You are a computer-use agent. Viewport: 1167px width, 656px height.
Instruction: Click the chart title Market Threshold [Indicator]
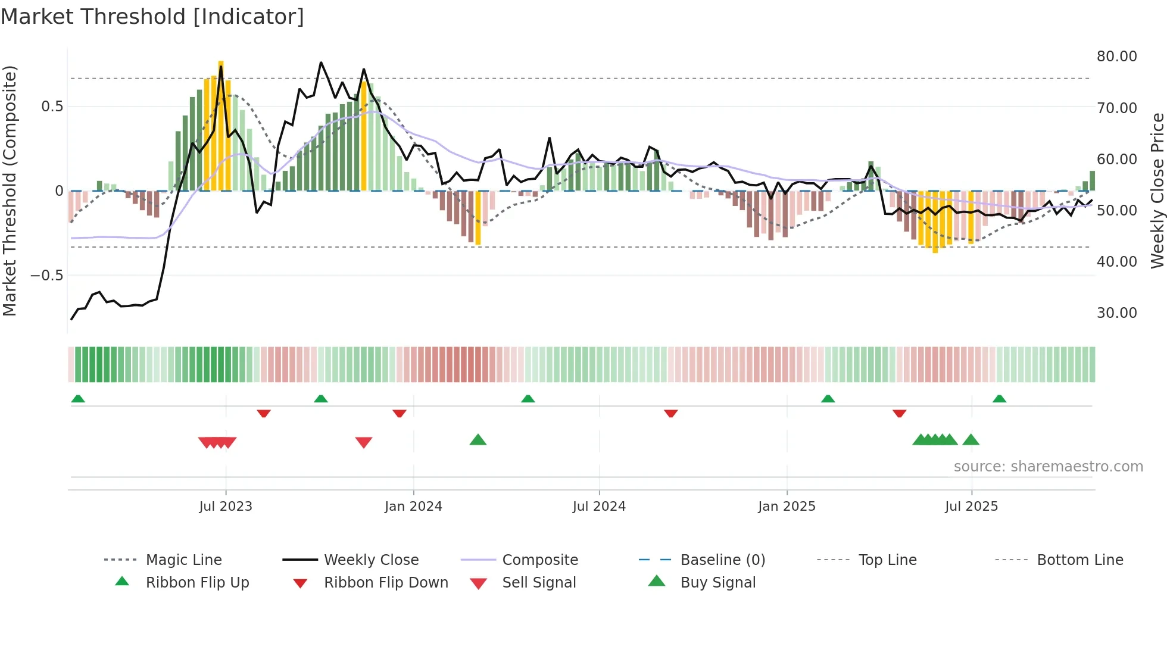tap(152, 17)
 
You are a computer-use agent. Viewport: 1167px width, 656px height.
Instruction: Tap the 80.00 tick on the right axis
tap(1116, 57)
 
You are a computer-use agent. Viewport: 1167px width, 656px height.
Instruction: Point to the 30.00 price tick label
tap(1116, 313)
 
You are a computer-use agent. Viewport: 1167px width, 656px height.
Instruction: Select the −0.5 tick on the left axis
tap(46, 276)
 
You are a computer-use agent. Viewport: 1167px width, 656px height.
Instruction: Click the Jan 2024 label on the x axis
tap(413, 507)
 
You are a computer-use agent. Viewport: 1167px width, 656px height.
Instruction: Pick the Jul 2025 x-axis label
tap(971, 507)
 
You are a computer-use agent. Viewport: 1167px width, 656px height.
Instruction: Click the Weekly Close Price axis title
tap(1157, 190)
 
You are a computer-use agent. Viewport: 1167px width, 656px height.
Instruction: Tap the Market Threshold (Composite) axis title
tap(10, 190)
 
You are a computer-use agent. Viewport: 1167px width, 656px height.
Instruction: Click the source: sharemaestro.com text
tap(1048, 467)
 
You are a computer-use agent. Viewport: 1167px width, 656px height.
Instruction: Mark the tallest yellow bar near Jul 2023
tap(221, 125)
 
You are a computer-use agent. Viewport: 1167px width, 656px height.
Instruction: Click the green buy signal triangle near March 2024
tap(478, 440)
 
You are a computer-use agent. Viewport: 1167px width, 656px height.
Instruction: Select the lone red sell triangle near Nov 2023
tap(363, 442)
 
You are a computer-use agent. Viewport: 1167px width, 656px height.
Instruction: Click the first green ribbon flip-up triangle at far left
tap(78, 399)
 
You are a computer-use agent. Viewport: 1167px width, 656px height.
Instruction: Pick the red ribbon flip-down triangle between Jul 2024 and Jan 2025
tap(671, 413)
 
